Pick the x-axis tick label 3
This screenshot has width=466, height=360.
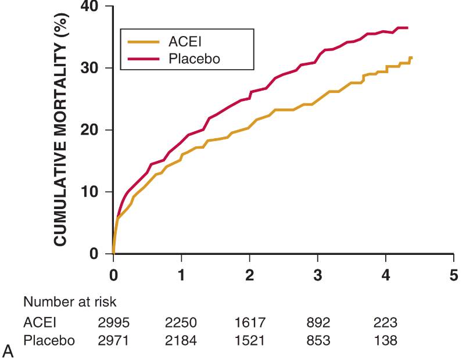click(x=318, y=274)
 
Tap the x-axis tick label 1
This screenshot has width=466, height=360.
click(x=181, y=274)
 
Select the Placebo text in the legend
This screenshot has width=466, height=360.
click(x=193, y=58)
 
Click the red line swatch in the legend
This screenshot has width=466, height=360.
click(x=144, y=58)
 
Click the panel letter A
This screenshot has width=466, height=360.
click(x=8, y=350)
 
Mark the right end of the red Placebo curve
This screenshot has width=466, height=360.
click(x=408, y=28)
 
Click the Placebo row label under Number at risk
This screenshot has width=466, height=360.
click(x=49, y=341)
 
